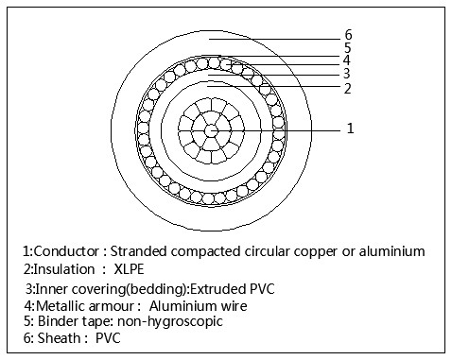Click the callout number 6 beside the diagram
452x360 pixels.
[348, 36]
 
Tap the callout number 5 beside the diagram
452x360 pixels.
[348, 47]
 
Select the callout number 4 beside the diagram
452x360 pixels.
[348, 60]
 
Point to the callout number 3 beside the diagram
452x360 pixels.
[348, 73]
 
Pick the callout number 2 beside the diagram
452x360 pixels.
[348, 88]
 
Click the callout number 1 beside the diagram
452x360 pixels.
[351, 128]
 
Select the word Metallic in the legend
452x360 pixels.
[64, 304]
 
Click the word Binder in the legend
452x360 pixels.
[58, 320]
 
